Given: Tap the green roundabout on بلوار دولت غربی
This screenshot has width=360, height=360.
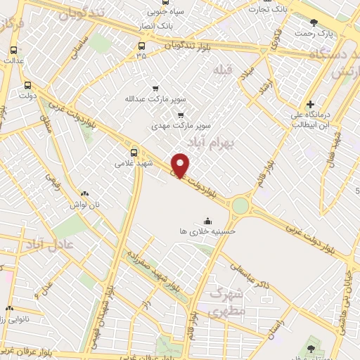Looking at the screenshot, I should point(240,205).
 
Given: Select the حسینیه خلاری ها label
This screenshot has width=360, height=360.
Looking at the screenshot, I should point(207,230).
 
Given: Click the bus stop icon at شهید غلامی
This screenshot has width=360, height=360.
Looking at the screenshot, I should point(134,151).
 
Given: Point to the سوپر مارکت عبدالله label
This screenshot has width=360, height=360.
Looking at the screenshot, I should point(149,98).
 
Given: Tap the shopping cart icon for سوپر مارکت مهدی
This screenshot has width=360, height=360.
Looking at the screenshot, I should point(181,115).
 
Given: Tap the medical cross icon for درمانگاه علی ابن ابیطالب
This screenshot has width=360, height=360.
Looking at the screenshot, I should point(310,105).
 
